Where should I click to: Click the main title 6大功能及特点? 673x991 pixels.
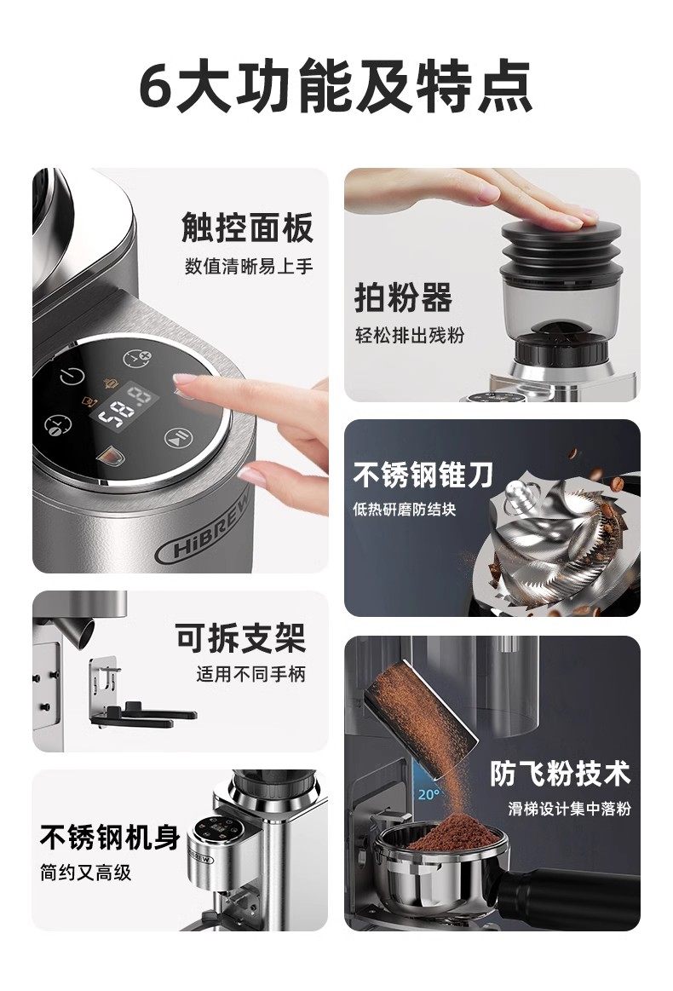336,87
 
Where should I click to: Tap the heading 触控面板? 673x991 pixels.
247,228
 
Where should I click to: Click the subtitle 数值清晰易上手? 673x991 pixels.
249,266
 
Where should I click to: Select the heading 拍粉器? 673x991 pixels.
403,297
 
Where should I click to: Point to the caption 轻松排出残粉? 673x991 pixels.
410,335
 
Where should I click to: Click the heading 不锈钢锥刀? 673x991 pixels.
423,475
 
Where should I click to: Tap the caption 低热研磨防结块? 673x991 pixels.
405,510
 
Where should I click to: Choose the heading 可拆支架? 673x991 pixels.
240,637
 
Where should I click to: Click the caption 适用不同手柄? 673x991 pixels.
250,674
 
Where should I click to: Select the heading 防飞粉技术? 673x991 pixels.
561,773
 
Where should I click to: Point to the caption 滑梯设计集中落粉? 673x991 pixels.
569,809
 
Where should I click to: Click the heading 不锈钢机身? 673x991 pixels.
110,838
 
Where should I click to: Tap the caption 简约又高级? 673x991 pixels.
85,873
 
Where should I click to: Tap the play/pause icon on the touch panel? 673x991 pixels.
177,437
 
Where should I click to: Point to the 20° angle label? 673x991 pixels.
427,794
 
